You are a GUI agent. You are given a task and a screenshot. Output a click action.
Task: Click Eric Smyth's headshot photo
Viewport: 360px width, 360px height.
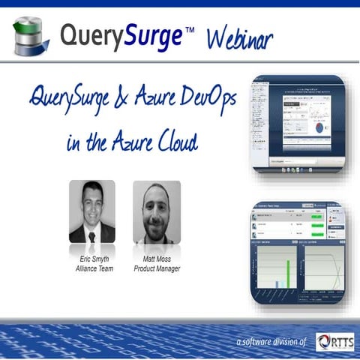coord(91,211)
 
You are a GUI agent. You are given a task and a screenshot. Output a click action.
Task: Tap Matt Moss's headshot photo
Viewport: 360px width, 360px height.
coord(156,211)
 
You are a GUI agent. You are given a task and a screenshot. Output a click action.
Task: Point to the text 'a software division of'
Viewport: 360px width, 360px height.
coord(271,342)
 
